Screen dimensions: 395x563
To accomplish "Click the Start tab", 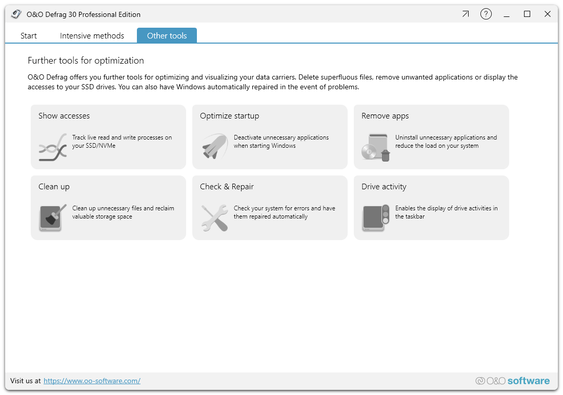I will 29,36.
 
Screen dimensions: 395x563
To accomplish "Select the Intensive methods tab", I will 92,36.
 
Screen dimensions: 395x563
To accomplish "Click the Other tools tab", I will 167,36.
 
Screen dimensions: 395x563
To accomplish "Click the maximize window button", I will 527,14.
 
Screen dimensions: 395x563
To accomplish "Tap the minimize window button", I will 507,14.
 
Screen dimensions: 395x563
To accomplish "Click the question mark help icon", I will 486,14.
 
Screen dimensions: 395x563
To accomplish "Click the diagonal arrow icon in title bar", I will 466,14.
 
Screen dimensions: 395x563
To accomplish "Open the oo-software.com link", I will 92,381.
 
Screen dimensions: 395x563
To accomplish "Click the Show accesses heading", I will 64,116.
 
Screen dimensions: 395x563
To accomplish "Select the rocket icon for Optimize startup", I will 214,147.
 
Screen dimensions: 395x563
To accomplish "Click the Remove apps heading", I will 385,116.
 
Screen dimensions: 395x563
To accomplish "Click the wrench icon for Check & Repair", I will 214,218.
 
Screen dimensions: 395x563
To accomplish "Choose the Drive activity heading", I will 384,187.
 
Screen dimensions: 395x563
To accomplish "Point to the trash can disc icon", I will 376,147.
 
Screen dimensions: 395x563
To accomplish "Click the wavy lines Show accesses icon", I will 53,147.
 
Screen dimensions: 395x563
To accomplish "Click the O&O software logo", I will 512,381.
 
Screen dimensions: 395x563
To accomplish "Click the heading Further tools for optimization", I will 86,61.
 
